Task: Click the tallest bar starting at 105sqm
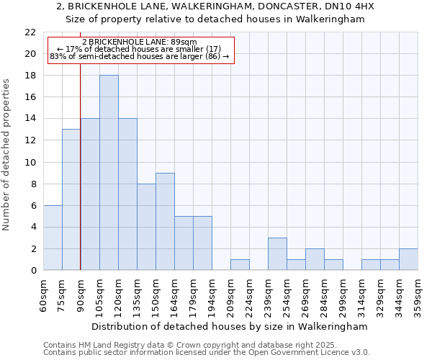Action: click(109, 173)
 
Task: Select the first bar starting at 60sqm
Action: click(53, 238)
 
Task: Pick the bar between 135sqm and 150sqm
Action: click(146, 227)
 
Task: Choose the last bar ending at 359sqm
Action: click(408, 259)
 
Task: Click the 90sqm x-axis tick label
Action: click(81, 296)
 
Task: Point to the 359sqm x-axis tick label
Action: click(418, 296)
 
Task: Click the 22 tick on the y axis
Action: click(30, 32)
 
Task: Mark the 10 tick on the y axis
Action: click(30, 162)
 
